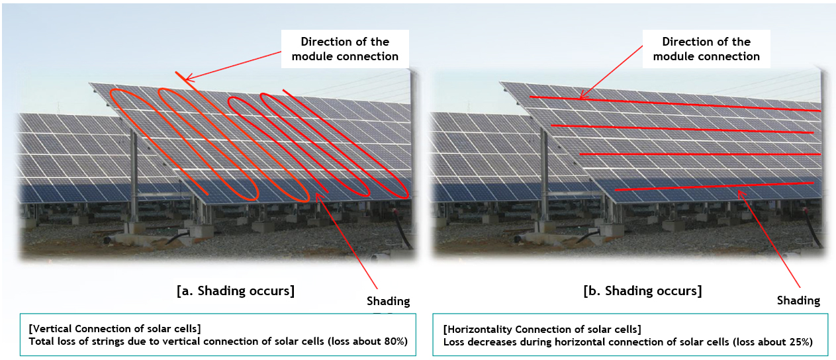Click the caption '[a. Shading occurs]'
pos(236,291)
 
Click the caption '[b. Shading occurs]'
pos(643,291)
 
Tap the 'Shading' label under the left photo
pos(388,301)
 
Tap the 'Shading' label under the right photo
pos(798,300)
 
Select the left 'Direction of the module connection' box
pos(345,49)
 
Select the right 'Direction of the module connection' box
pos(706,49)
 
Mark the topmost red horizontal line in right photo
pos(674,104)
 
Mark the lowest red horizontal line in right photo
pos(714,187)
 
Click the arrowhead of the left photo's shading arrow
pos(317,195)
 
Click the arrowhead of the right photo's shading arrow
pos(739,192)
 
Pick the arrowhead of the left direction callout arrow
pos(187,79)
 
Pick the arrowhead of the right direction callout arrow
pos(581,97)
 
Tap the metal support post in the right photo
pos(544,175)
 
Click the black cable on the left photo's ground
pos(402,230)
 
